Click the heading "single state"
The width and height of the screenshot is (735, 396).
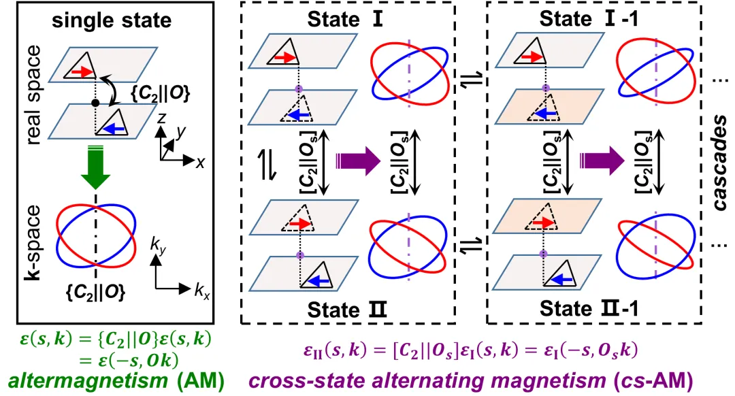(x=112, y=20)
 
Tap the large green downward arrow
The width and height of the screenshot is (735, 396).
(x=97, y=179)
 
